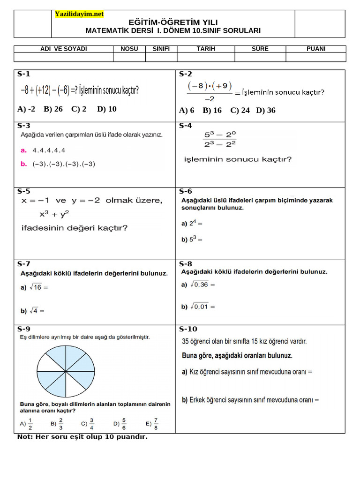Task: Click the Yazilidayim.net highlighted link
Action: click(x=79, y=14)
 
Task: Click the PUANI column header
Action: click(x=315, y=49)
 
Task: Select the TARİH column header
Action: click(x=205, y=49)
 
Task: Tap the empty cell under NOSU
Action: click(x=129, y=57)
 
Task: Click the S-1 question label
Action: click(x=23, y=74)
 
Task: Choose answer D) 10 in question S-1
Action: click(x=107, y=109)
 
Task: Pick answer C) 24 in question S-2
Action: click(x=240, y=111)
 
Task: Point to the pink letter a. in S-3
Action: click(x=23, y=150)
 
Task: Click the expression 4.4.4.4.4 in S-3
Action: click(x=49, y=150)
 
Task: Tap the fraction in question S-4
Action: click(x=219, y=140)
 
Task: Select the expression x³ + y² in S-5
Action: click(x=54, y=214)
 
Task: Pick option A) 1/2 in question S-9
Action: click(x=26, y=423)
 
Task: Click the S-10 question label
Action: click(x=188, y=329)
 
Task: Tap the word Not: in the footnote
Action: click(x=26, y=437)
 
